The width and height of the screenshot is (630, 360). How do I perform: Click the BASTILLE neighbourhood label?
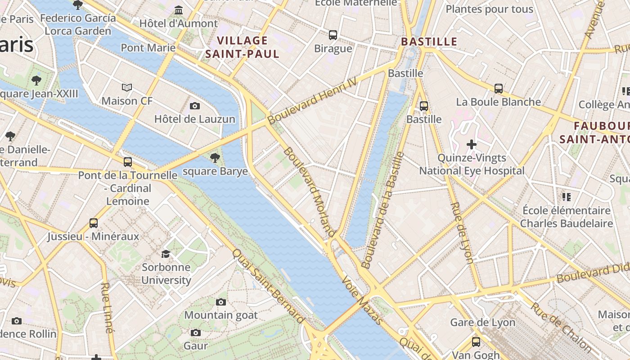point(429,41)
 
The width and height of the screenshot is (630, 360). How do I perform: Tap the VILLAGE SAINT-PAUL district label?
point(242,47)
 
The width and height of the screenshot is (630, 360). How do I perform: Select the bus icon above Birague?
point(333,35)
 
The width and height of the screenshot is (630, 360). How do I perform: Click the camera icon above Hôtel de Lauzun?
point(195,106)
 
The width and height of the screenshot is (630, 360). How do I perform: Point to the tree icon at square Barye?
point(215,157)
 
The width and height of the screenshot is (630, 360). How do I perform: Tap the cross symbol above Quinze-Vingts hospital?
point(471,144)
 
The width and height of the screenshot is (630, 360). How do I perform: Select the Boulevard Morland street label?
point(309,191)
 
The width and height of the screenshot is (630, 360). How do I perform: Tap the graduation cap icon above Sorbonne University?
point(166,254)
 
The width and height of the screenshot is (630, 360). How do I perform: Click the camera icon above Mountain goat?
point(220,302)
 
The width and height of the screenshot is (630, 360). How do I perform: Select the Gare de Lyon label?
point(482,322)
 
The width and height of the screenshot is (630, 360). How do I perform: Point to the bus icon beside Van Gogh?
point(476,342)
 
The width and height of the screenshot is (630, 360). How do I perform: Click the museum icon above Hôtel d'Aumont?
point(179,10)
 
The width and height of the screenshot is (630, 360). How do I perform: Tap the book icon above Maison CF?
point(127,87)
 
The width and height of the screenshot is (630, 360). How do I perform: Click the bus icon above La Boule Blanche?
point(498,89)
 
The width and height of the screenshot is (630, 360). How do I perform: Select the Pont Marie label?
point(148,48)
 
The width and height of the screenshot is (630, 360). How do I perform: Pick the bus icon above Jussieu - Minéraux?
point(94,223)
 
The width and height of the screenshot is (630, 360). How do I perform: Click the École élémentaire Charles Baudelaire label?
point(566,217)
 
